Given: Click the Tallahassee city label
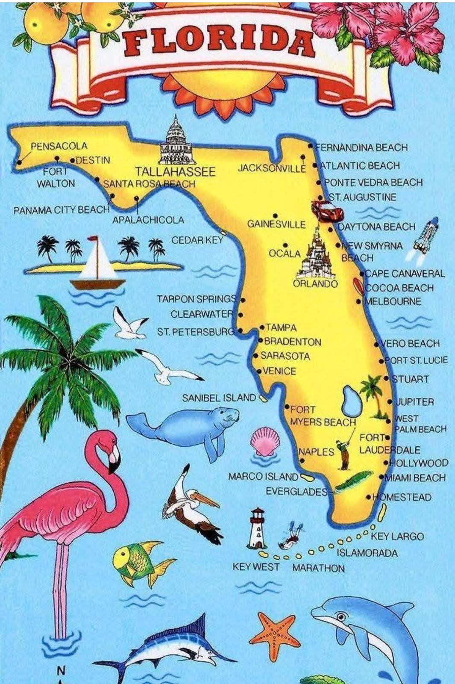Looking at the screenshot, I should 175,172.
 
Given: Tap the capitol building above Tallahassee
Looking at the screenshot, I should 176,142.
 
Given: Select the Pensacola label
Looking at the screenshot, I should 59,146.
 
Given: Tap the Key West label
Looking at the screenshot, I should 255,567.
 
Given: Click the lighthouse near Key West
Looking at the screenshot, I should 258,528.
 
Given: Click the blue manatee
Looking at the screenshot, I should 188,427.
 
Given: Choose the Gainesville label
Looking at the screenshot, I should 276,224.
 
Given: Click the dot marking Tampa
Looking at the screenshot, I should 262,327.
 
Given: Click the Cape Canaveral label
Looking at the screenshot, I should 404,274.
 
